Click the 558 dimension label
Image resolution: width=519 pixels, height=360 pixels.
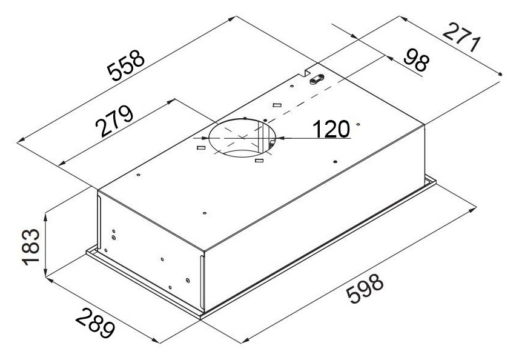(126, 65)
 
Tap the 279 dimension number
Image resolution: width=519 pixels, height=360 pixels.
(114, 121)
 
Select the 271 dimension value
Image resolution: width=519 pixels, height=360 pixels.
(461, 37)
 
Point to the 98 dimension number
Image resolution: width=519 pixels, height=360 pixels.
(417, 60)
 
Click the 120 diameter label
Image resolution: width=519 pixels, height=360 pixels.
(331, 129)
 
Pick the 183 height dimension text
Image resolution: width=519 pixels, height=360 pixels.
(31, 247)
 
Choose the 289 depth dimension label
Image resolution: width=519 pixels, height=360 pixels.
(95, 323)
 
